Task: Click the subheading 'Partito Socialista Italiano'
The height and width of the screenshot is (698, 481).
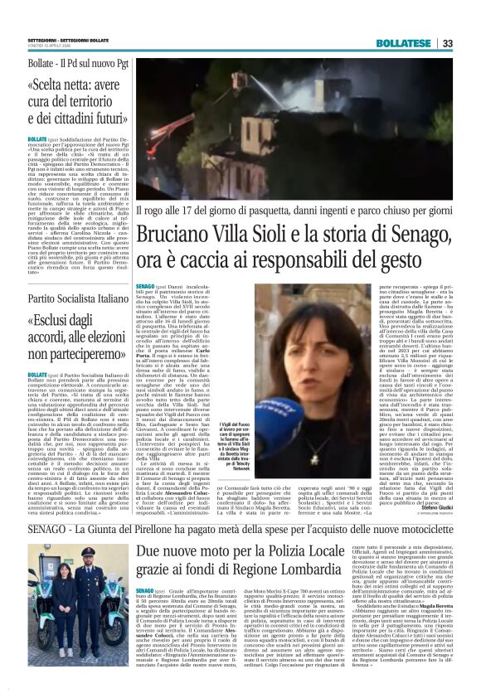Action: pyautogui.click(x=67, y=298)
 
